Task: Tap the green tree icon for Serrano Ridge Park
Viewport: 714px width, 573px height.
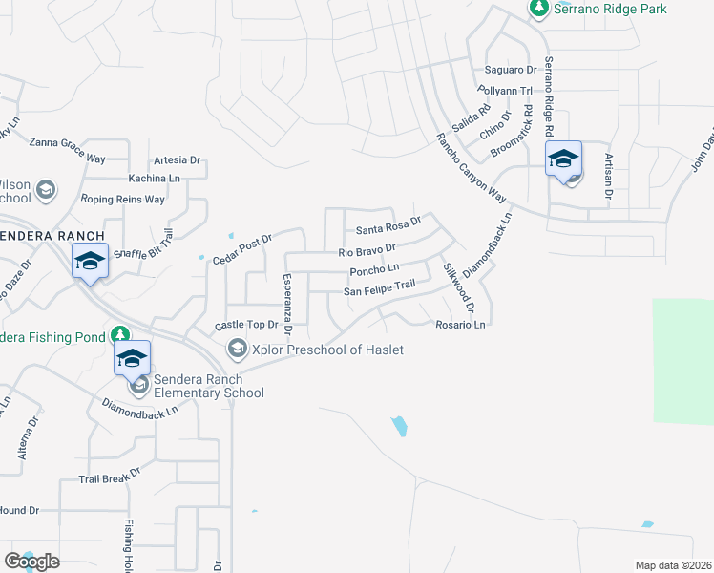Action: (x=538, y=9)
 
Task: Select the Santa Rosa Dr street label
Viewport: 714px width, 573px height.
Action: (x=388, y=229)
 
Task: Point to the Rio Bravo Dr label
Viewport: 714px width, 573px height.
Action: (x=367, y=252)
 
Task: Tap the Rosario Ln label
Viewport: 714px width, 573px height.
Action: (x=462, y=325)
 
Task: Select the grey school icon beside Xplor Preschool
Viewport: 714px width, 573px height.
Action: (x=236, y=350)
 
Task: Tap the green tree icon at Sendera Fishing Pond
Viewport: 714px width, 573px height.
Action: (x=119, y=334)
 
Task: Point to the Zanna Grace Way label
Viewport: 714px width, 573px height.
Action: (x=67, y=143)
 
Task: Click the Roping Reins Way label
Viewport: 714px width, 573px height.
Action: (x=123, y=199)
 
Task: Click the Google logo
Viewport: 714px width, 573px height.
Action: (x=31, y=562)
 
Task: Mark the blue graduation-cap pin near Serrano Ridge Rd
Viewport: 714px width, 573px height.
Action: (x=563, y=159)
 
